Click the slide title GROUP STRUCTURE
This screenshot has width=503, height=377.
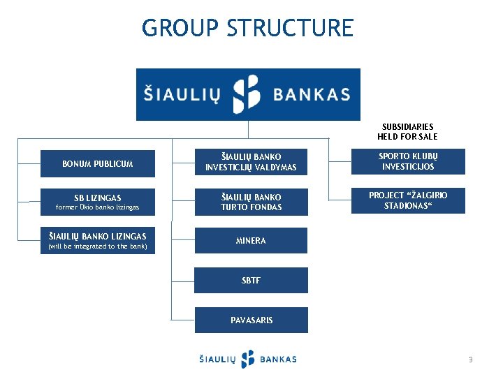(248, 29)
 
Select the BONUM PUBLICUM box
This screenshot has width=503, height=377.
(97, 164)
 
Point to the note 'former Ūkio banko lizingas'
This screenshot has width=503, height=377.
(98, 207)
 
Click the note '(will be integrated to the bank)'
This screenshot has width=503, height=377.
(97, 246)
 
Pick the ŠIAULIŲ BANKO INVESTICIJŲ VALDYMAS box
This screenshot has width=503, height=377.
(250, 162)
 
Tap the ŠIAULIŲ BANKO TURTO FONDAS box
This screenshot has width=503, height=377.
(250, 202)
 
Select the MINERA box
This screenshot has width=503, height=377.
(250, 241)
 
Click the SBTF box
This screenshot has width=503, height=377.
(250, 280)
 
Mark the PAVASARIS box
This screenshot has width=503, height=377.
(251, 320)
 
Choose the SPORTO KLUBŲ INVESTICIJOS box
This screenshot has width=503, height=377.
(407, 161)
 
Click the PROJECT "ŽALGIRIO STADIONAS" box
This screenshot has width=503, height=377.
(407, 200)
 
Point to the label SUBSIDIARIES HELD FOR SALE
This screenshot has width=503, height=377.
(407, 131)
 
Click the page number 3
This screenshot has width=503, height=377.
(470, 360)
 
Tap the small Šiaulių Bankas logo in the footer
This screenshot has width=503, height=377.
(248, 359)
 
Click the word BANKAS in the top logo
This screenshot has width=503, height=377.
(312, 94)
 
